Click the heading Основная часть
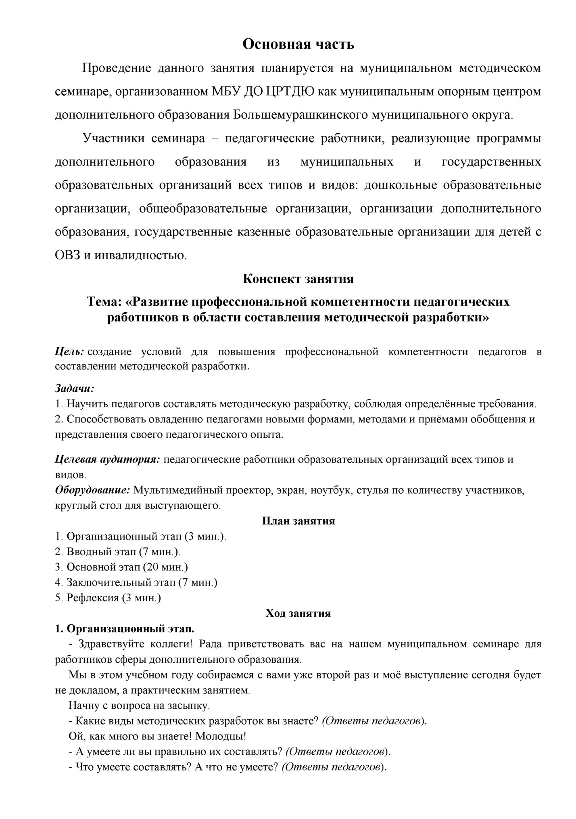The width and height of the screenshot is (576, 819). [298, 44]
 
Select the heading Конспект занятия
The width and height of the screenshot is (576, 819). [298, 279]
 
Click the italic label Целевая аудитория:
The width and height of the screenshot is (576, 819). [108, 460]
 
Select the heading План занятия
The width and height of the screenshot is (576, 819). [298, 521]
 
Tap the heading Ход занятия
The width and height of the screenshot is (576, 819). [298, 613]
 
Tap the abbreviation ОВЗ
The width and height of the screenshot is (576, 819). [68, 256]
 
